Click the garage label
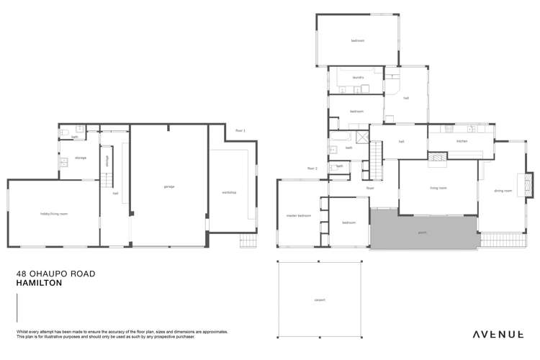(x=168, y=186)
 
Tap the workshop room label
(x=229, y=192)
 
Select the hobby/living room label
(x=53, y=214)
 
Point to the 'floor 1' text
(x=240, y=130)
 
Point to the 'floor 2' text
(x=312, y=168)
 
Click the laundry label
(x=358, y=78)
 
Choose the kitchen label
(x=462, y=141)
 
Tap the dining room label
(x=503, y=191)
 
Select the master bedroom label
(x=298, y=215)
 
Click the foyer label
(x=370, y=188)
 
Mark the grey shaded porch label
(x=423, y=233)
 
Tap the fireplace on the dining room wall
(x=530, y=182)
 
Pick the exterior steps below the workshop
(x=248, y=241)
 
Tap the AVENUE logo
(x=498, y=334)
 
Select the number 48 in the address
(x=22, y=274)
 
